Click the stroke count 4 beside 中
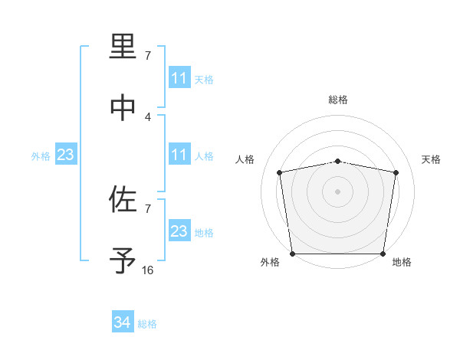pyautogui.click(x=148, y=116)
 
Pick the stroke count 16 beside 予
pyautogui.click(x=148, y=270)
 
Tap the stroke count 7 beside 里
pyautogui.click(x=148, y=56)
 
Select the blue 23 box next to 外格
pyautogui.click(x=66, y=155)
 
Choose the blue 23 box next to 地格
pyautogui.click(x=179, y=232)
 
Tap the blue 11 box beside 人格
pyautogui.click(x=179, y=155)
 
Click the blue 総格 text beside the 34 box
pyautogui.click(x=147, y=324)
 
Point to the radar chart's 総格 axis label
pyautogui.click(x=338, y=100)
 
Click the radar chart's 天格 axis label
pyautogui.click(x=432, y=159)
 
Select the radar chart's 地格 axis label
pyautogui.click(x=402, y=262)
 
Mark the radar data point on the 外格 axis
pyautogui.click(x=292, y=254)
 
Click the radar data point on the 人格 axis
pyautogui.click(x=279, y=172)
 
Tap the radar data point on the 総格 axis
pyautogui.click(x=338, y=161)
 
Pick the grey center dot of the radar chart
pyautogui.click(x=338, y=191)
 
